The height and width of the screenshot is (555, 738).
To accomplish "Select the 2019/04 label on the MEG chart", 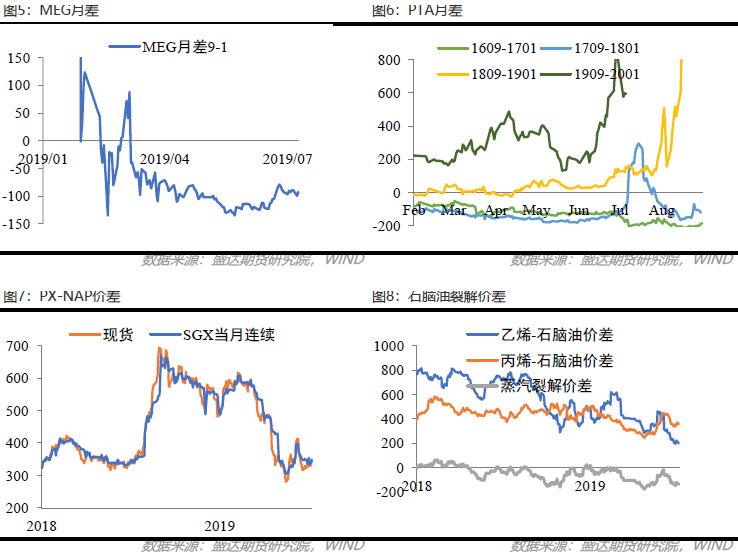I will pos(165,158).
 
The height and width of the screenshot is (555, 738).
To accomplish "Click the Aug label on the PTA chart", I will pos(661,211).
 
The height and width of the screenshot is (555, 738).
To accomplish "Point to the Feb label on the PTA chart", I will pos(415,211).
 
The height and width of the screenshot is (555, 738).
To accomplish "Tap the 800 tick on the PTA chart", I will pos(389,60).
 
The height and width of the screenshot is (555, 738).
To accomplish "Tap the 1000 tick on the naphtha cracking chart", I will pos(385,346).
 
